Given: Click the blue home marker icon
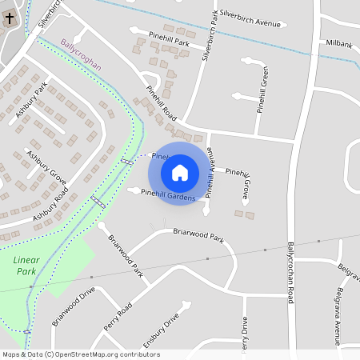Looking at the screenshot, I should tap(180, 172).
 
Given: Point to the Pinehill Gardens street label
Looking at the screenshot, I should tap(168, 193).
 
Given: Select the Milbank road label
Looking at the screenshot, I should tap(339, 43).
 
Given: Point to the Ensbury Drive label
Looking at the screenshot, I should tap(160, 333).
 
